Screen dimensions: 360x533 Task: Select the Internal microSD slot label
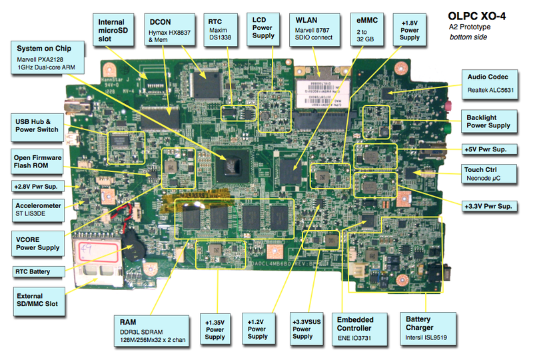point(110,30)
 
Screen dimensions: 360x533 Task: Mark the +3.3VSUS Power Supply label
point(302,328)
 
